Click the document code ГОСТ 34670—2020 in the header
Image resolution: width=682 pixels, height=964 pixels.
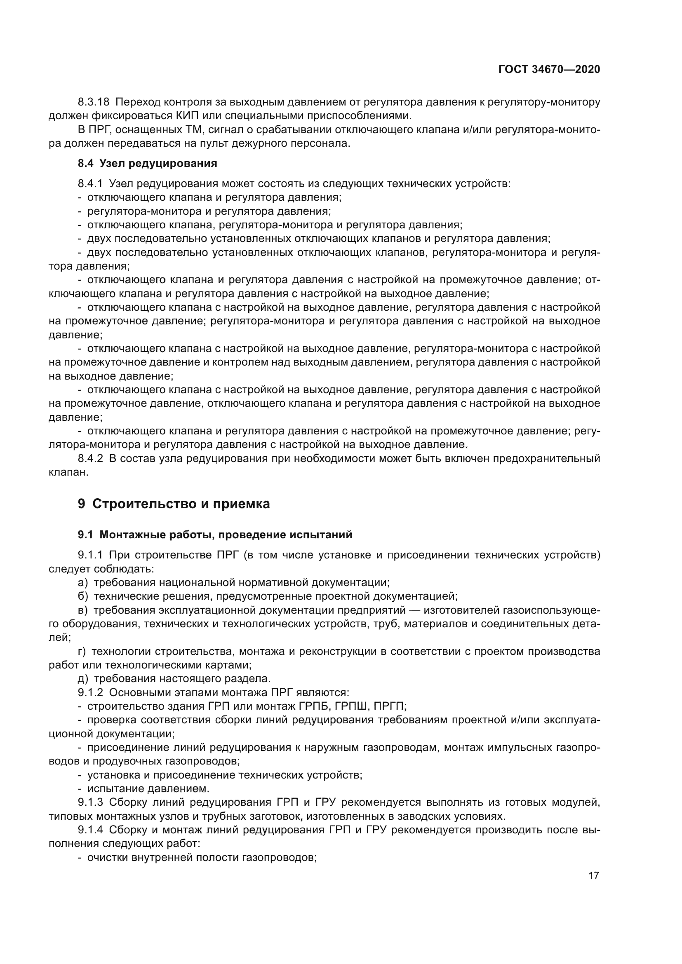[x=549, y=69]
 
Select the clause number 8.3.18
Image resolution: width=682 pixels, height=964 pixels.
[x=93, y=102]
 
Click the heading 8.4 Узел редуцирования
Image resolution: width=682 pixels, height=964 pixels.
[x=147, y=163]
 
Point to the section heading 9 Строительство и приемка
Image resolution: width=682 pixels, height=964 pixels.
[x=174, y=504]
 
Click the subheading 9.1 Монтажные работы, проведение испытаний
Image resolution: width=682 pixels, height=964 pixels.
[x=215, y=535]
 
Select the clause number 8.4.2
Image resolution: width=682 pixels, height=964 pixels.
[x=90, y=458]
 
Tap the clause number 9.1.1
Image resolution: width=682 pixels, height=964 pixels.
[x=90, y=555]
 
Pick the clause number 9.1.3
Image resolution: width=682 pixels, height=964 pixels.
[x=90, y=802]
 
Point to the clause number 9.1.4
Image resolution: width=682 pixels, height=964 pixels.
[x=90, y=830]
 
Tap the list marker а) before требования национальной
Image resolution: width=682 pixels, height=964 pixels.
[x=83, y=583]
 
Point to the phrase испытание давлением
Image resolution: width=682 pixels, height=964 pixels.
[x=148, y=788]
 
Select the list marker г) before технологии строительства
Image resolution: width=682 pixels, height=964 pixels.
[x=82, y=652]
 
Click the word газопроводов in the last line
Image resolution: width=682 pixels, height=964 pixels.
[x=279, y=858]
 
